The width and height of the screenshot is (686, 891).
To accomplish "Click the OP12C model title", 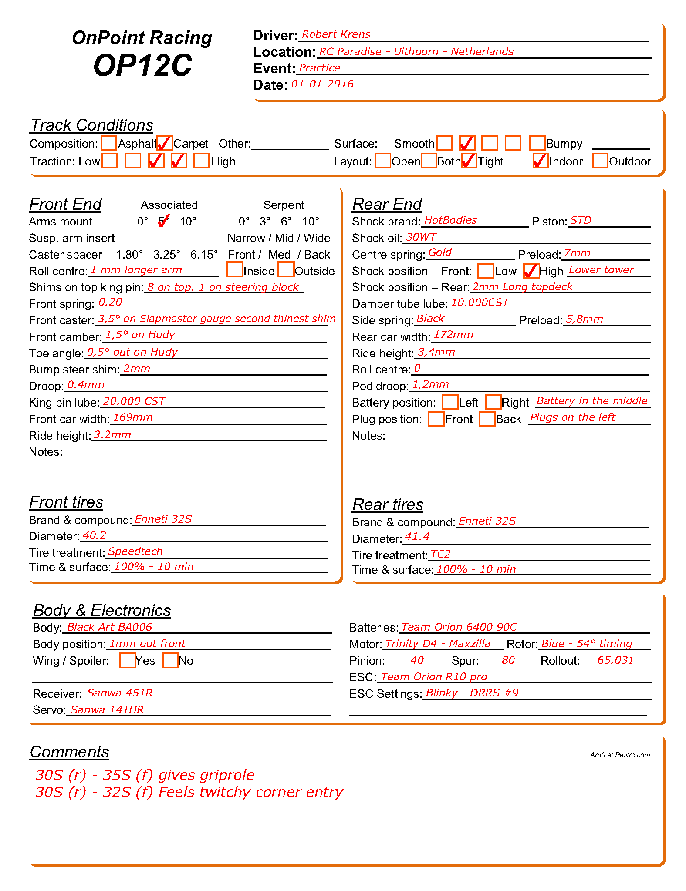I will point(142,65).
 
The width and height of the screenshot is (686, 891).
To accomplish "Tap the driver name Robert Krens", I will point(336,34).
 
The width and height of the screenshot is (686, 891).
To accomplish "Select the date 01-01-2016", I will point(322,84).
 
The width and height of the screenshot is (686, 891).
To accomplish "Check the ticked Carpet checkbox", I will point(165,143).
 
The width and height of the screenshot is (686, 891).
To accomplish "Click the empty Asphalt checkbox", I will point(109,143).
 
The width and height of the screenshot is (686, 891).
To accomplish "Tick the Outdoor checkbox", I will point(600,161).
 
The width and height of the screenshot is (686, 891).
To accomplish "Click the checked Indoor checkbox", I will point(541,161).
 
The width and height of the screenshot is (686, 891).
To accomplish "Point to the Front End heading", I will point(65,204).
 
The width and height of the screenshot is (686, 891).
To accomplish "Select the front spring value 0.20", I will point(110,302).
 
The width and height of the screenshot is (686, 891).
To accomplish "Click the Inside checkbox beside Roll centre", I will point(235,269).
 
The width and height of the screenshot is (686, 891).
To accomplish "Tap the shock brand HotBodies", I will point(450,220).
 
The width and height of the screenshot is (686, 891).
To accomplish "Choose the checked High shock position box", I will point(531,270).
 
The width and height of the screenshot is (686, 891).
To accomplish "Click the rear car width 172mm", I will point(453,335).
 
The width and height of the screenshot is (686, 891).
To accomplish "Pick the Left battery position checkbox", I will point(450,402).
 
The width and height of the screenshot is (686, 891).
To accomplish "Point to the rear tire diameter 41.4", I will point(417,537).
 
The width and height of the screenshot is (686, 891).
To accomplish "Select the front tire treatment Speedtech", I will point(135,551).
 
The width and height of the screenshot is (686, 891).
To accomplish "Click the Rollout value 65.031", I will point(615,660).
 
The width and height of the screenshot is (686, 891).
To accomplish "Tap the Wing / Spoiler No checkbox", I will point(170,660).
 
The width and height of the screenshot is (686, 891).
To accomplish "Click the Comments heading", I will point(69,752).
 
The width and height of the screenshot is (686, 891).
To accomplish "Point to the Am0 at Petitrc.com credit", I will point(620,755).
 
